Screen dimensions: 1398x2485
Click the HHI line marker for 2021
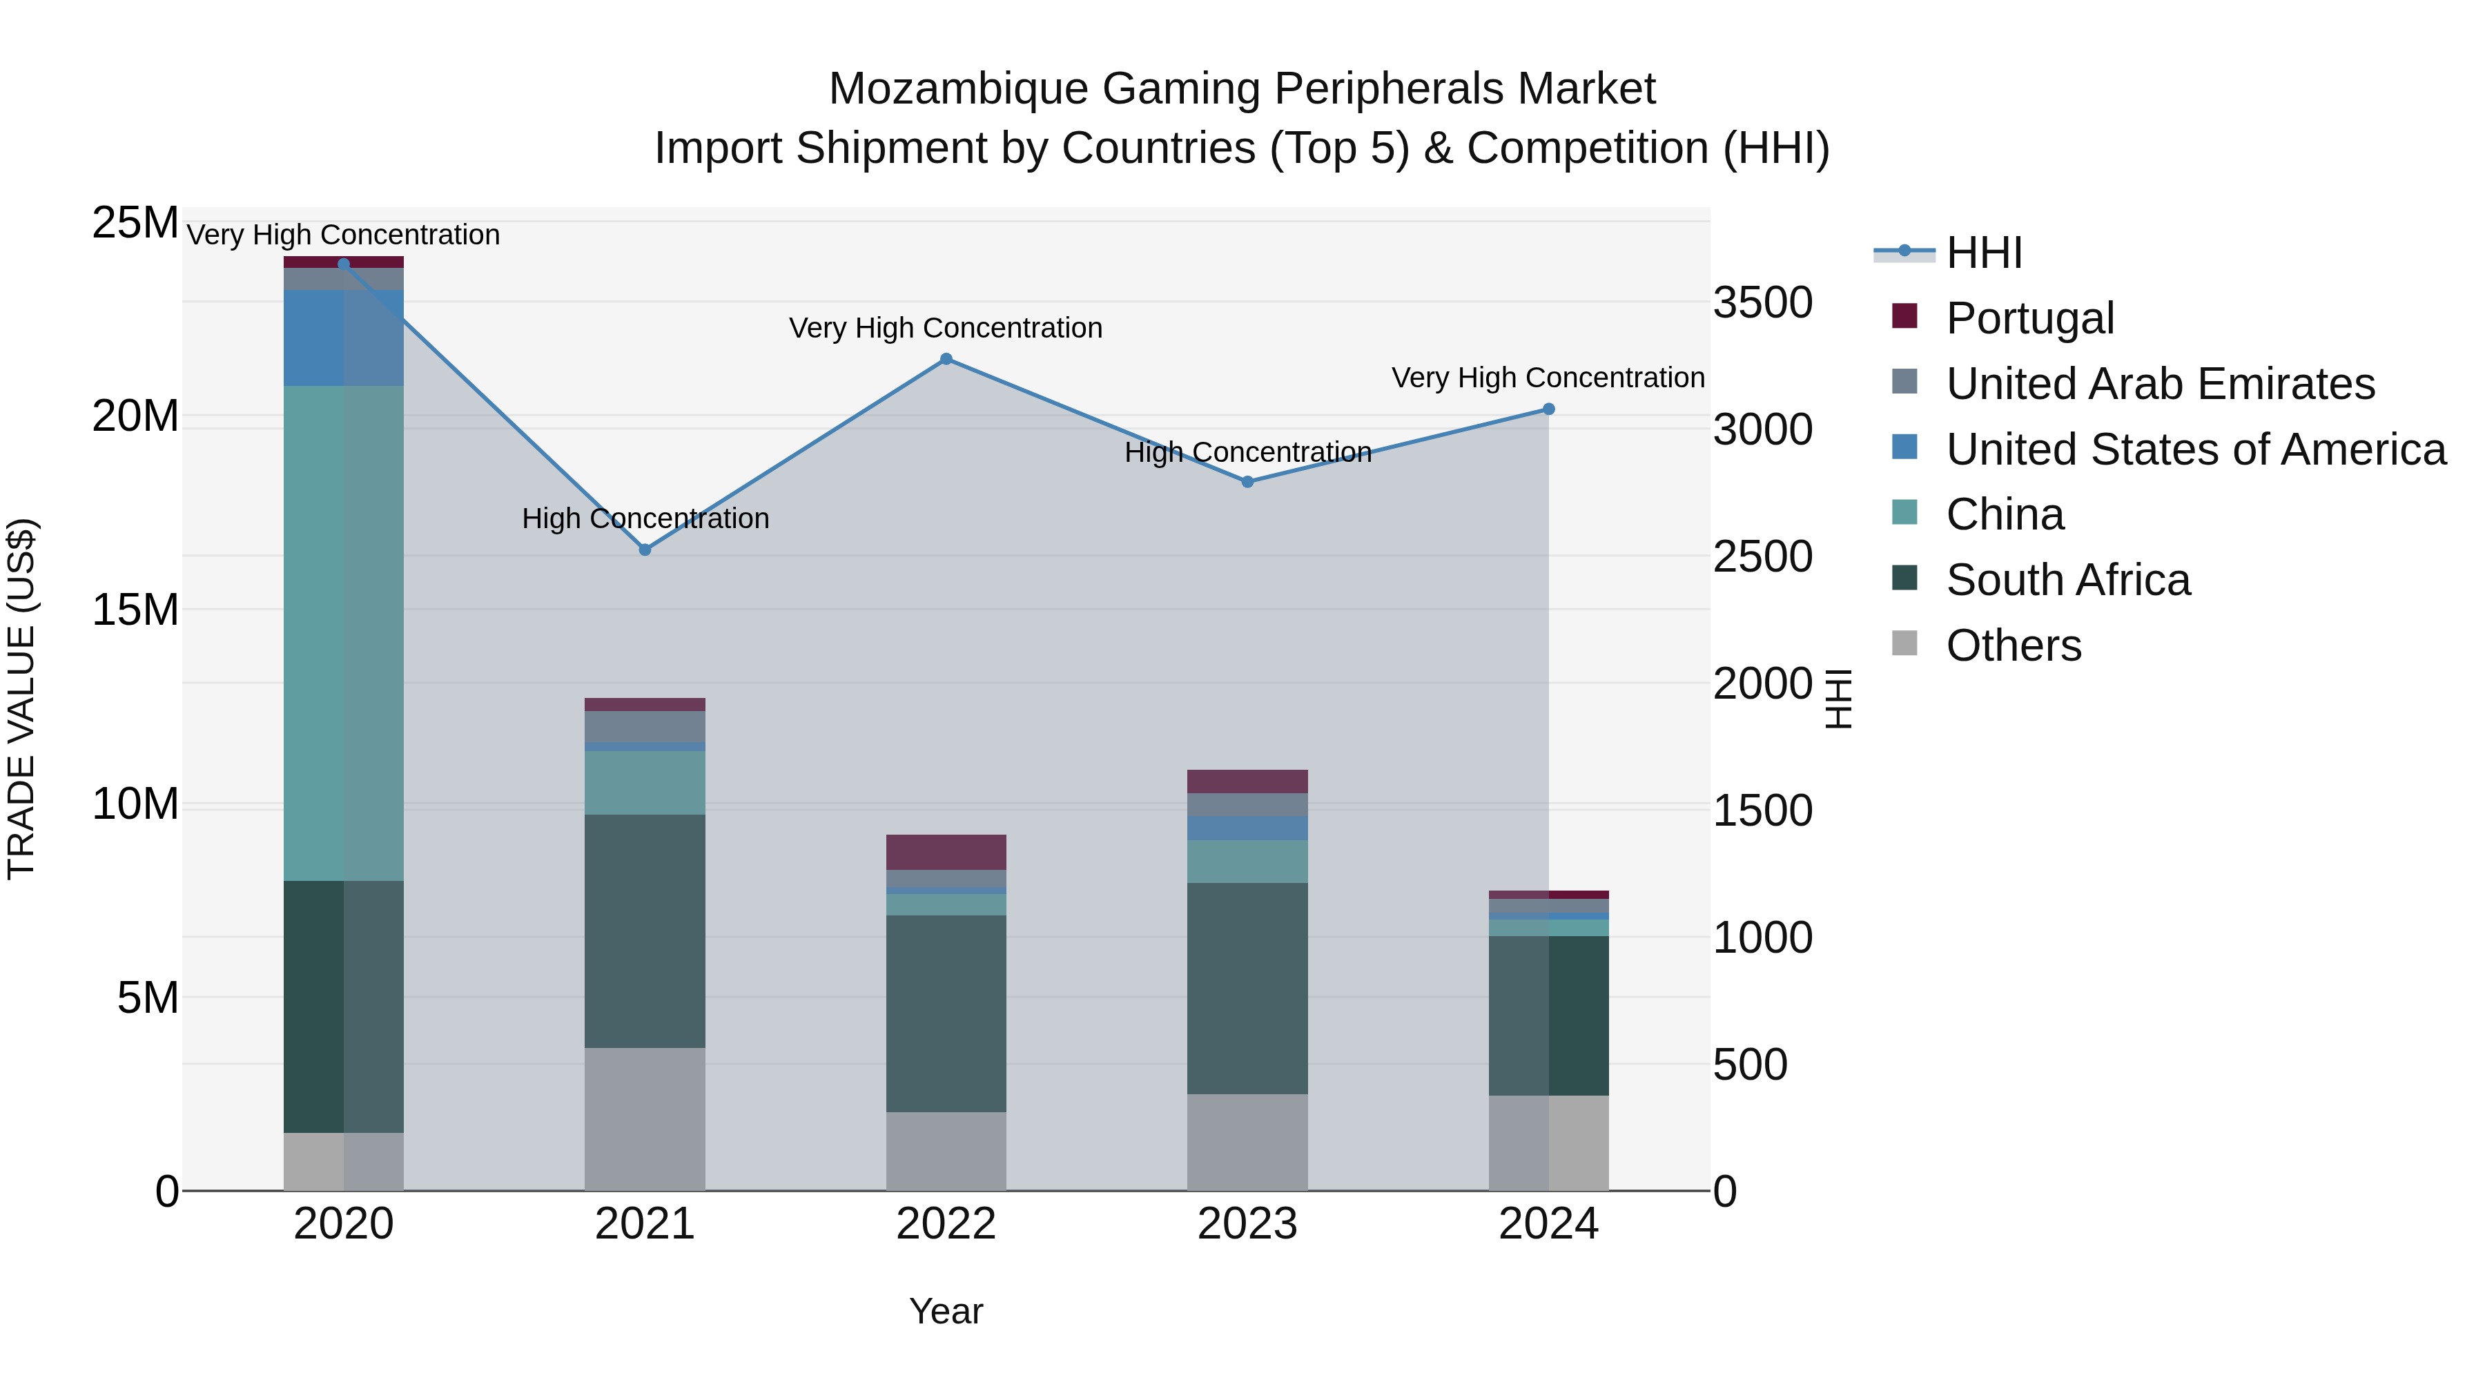pos(645,550)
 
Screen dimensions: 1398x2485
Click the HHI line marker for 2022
pos(946,359)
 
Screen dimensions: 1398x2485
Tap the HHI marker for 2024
pos(1549,409)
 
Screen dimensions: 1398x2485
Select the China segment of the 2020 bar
pos(344,633)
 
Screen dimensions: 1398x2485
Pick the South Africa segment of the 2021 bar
pos(645,931)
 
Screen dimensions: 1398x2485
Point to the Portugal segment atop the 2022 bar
pos(946,852)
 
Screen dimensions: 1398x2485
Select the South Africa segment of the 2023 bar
pos(1247,988)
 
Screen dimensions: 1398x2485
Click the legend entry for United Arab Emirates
pos(2159,384)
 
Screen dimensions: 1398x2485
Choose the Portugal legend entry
pos(2029,318)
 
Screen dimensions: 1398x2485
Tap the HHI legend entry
pos(1983,253)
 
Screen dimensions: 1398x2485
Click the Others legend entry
pos(2014,645)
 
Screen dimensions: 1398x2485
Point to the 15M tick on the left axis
pos(135,610)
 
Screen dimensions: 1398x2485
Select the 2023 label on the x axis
pos(1247,1224)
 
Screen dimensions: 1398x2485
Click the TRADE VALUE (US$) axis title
pos(21,699)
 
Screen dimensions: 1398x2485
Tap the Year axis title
pos(946,1311)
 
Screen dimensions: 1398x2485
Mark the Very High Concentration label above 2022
pos(946,328)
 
